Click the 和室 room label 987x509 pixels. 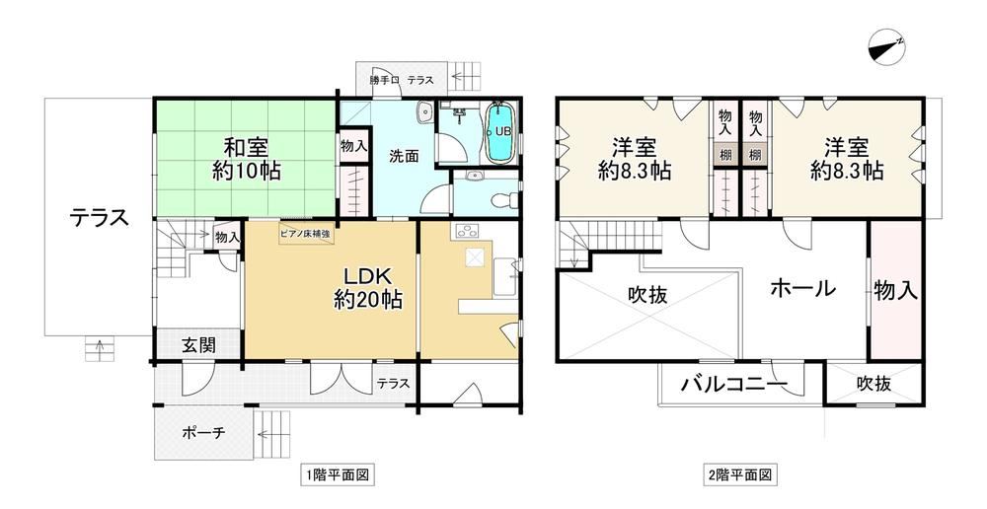(x=247, y=148)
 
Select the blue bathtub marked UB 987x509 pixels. (x=501, y=133)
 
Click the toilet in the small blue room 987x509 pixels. (x=502, y=199)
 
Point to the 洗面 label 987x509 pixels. (x=404, y=156)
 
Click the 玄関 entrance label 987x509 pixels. (x=199, y=345)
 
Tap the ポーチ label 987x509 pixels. (x=203, y=433)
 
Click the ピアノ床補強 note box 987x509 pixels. (x=306, y=234)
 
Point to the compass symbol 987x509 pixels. (x=886, y=47)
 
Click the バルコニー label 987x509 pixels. (x=733, y=383)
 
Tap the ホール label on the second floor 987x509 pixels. (x=803, y=289)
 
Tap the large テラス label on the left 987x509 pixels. (x=100, y=218)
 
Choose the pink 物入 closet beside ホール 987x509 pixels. (x=894, y=290)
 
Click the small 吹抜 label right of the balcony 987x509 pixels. (x=873, y=383)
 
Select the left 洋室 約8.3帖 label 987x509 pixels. (x=635, y=160)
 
